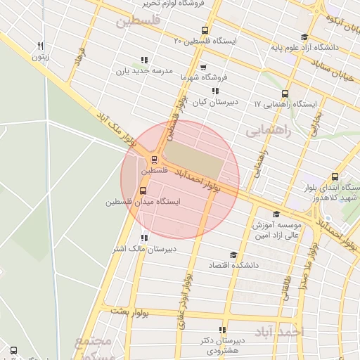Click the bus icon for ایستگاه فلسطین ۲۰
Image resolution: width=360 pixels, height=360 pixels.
point(205,30)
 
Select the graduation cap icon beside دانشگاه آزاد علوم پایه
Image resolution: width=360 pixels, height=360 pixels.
point(304,37)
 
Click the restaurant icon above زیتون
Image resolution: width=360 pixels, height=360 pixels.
point(41,46)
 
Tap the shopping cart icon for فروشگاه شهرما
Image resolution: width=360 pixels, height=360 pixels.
point(203,67)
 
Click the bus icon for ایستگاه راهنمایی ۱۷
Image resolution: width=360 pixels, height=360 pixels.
point(285,94)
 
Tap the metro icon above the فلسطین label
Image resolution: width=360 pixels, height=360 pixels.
point(154,159)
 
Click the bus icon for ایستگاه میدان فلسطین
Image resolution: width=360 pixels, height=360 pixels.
point(143,191)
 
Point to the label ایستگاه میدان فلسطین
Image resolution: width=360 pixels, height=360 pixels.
point(143,202)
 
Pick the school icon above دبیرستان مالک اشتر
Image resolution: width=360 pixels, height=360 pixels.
point(144,238)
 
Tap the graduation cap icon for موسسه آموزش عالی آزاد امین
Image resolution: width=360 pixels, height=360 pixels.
point(276,214)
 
